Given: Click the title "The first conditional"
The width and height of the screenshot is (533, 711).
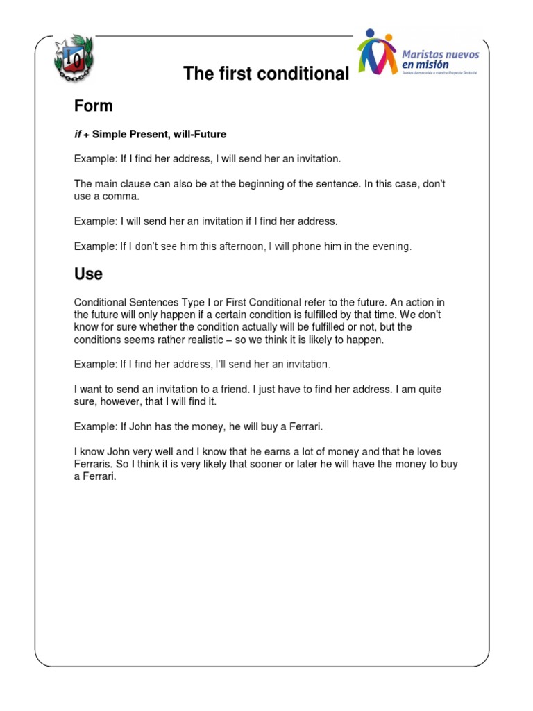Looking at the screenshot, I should [x=266, y=74].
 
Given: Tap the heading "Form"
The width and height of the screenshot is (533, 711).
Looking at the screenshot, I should [x=94, y=106].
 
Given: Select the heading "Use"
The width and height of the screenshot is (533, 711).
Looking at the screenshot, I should [x=88, y=274].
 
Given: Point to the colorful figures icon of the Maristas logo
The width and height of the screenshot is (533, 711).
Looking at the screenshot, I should [x=377, y=52].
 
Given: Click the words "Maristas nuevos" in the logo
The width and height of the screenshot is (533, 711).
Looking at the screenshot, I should [x=440, y=53].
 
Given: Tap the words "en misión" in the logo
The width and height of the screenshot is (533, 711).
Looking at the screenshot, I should [x=430, y=65].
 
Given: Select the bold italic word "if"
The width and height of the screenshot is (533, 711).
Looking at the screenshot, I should [x=78, y=134].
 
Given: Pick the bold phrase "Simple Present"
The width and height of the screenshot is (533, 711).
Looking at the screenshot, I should [x=127, y=134].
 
